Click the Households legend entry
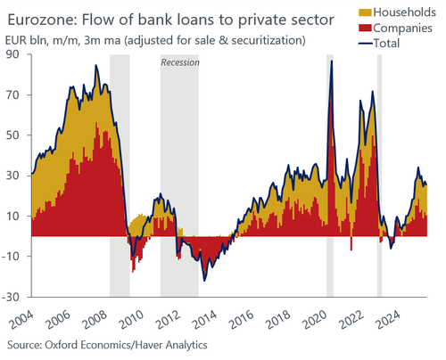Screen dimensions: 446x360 click(398, 12)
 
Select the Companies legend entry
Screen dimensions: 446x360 click(395, 28)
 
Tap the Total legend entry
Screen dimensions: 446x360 click(379, 44)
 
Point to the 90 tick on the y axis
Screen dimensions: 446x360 click(12, 54)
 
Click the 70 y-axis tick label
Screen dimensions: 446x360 click(12, 95)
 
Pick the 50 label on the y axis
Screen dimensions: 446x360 click(12, 135)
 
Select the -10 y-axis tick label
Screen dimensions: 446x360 click(10, 256)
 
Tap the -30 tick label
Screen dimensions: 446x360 click(10, 297)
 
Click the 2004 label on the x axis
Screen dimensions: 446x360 click(21, 319)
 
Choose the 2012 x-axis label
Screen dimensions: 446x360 click(169, 319)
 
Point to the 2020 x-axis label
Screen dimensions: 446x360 click(316, 319)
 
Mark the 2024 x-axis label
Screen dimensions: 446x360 click(389, 319)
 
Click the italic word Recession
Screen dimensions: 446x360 click(180, 62)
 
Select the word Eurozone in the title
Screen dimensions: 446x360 click(42, 20)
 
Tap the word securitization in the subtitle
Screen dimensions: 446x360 click(268, 40)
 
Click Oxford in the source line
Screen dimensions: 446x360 click(62, 345)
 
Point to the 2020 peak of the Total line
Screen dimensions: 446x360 click(332, 61)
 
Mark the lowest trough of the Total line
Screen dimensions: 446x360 click(204, 281)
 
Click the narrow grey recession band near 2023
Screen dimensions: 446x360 click(379, 176)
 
